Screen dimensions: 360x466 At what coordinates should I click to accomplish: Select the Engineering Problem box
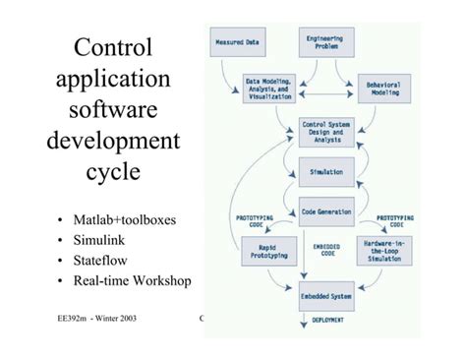click(325, 42)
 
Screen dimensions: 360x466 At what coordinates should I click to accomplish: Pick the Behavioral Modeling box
click(384, 89)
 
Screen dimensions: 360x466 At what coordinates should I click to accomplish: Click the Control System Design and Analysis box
click(325, 132)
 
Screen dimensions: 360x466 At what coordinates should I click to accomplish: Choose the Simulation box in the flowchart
click(325, 171)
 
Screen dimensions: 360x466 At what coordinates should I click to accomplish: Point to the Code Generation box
click(325, 210)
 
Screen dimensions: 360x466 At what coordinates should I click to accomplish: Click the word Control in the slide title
click(113, 47)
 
